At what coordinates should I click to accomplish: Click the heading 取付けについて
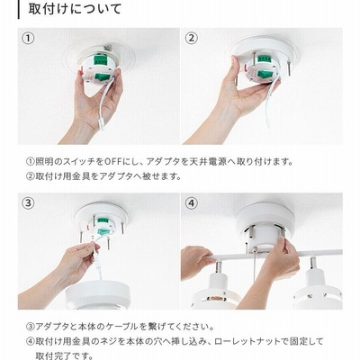pyautogui.click(x=75, y=9)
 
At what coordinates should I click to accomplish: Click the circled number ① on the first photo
pyautogui.click(x=29, y=38)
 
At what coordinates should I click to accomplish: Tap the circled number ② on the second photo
pyautogui.click(x=192, y=38)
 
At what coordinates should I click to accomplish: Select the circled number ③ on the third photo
pyautogui.click(x=29, y=203)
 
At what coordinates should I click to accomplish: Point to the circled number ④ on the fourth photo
pyautogui.click(x=192, y=203)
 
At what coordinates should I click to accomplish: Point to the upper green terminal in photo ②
pyautogui.click(x=264, y=58)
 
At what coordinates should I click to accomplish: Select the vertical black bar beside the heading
pyautogui.click(x=19, y=10)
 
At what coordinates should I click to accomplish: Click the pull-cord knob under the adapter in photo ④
pyautogui.click(x=255, y=248)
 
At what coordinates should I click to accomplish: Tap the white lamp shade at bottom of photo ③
pyautogui.click(x=98, y=294)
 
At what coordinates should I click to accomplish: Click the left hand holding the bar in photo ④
pyautogui.click(x=194, y=262)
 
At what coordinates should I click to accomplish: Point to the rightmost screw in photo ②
pyautogui.click(x=290, y=68)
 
